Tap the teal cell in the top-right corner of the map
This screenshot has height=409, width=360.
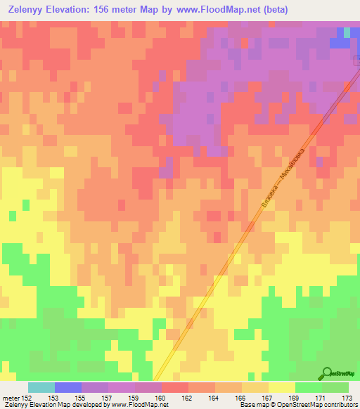click(346, 32)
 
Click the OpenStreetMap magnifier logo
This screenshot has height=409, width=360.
click(326, 374)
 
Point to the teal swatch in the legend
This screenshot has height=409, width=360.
click(41, 387)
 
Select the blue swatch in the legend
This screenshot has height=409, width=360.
click(67, 387)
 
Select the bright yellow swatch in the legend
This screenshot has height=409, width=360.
click(281, 387)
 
